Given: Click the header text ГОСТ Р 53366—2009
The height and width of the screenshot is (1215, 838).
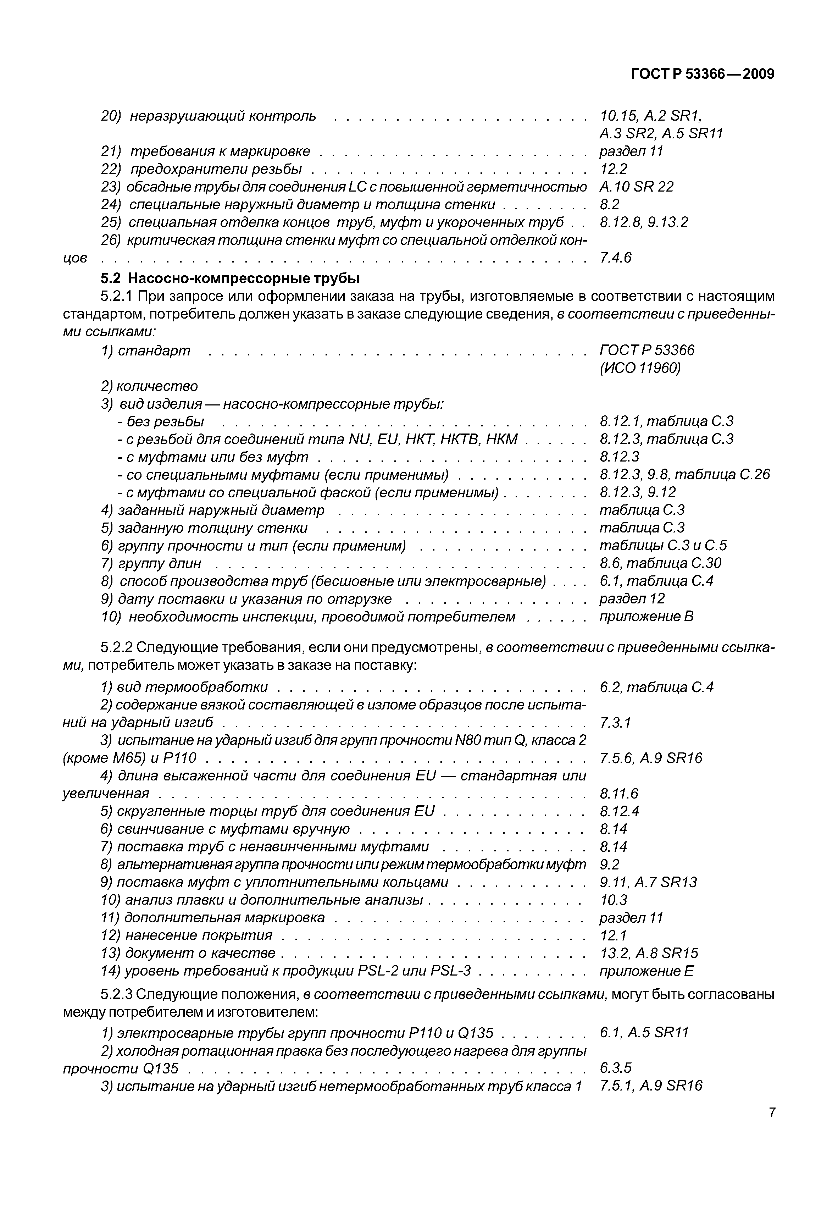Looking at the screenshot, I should (x=702, y=74).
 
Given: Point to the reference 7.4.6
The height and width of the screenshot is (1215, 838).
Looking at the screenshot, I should (x=615, y=258).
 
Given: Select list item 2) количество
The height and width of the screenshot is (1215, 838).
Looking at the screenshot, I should (x=150, y=386).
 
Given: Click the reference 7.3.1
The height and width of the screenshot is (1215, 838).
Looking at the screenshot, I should (x=615, y=723).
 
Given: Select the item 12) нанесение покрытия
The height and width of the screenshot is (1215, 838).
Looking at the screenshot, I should (x=187, y=935).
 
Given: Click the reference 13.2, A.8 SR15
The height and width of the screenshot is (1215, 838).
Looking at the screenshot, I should (x=649, y=953).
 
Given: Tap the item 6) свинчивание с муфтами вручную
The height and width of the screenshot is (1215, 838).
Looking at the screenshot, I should (x=226, y=829).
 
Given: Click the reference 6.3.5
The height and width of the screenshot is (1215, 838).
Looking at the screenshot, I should (x=615, y=1067).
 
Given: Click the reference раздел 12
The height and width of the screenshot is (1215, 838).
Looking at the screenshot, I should (x=632, y=598).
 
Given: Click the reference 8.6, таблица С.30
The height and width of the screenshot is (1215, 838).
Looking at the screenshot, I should (x=660, y=563).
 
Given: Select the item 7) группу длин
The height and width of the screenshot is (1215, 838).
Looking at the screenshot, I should (x=151, y=563).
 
